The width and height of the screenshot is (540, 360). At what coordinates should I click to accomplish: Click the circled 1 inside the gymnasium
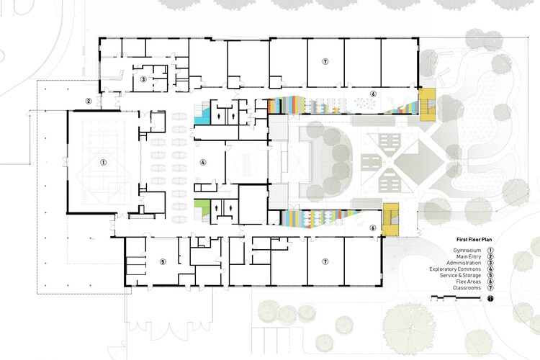[x=103, y=162]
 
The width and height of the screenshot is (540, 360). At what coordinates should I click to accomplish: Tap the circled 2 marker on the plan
[x=89, y=102]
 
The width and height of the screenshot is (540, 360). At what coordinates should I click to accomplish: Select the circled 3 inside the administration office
[x=143, y=79]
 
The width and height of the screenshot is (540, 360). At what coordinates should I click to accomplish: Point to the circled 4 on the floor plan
[x=203, y=162]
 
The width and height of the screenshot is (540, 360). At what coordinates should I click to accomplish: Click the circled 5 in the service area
[x=163, y=262]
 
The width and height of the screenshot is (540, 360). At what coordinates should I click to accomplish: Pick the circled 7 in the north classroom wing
[x=325, y=62]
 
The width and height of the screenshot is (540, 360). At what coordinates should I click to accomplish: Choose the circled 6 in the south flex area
[x=373, y=228]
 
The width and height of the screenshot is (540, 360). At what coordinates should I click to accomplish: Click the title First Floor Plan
[x=474, y=240]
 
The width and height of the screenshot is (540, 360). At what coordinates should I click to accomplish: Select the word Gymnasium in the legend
[x=467, y=251]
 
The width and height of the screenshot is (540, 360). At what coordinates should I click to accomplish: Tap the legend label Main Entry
[x=469, y=256]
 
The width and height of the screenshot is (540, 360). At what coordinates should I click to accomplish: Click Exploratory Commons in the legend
[x=455, y=269]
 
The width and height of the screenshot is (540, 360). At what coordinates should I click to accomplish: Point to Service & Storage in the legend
[x=460, y=275]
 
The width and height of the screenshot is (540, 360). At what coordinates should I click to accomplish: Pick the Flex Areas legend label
[x=469, y=282]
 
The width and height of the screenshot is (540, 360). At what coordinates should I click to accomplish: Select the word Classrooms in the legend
[x=467, y=288]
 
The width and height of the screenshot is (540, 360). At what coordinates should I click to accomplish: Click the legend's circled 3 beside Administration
[x=490, y=263]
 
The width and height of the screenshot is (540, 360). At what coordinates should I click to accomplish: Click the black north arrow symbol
[x=490, y=299]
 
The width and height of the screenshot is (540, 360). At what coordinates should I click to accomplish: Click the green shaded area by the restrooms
[x=202, y=207]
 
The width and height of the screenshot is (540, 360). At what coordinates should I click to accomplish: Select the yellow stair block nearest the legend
[x=391, y=220]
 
